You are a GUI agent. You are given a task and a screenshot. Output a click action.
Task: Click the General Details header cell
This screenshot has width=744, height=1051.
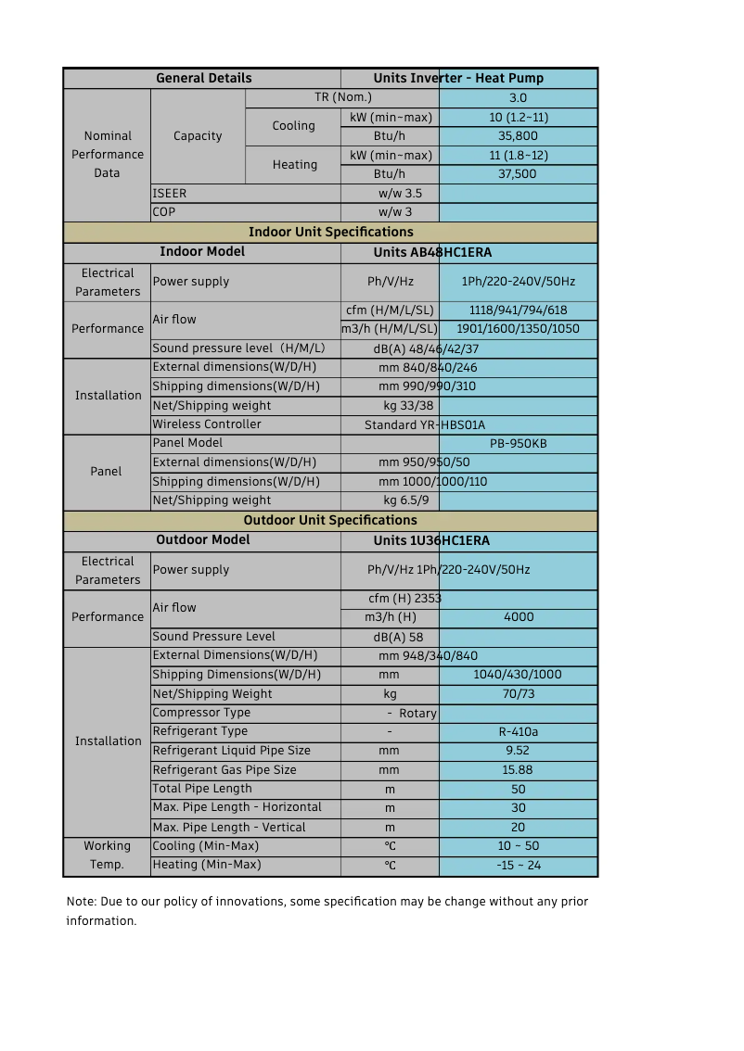203,79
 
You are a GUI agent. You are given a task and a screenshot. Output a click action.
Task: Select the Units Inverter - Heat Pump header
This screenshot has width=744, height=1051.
458,79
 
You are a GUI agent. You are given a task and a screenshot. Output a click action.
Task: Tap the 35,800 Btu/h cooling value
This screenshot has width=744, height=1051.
518,136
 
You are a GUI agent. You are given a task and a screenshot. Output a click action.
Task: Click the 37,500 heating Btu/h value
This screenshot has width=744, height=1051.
518,174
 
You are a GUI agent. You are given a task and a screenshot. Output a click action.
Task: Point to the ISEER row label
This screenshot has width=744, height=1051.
170,194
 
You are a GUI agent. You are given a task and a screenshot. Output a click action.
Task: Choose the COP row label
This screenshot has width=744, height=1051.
164,212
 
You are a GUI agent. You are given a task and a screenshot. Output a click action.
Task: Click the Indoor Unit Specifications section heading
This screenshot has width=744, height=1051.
330,232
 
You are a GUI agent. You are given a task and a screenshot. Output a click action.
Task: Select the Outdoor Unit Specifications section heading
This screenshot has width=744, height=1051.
330,520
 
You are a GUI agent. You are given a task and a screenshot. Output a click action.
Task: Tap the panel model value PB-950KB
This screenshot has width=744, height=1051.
518,444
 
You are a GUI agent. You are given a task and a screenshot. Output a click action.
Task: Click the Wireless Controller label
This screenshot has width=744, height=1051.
207,424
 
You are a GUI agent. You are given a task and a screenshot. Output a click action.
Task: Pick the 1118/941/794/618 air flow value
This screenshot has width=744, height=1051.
518,310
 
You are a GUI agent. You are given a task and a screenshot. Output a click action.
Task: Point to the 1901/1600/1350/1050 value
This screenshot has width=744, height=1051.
518,329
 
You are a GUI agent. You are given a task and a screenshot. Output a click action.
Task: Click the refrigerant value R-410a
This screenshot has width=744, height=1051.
518,732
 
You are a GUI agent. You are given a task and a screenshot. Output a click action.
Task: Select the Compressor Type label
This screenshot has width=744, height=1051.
201,713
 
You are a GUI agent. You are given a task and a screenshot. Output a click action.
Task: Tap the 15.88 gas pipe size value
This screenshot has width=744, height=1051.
518,770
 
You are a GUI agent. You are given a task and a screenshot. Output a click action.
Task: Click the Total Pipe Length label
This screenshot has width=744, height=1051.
202,789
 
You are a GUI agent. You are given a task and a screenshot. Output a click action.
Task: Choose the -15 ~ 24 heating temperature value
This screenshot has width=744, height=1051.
518,866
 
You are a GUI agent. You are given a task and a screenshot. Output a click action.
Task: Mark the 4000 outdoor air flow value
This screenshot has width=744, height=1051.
518,617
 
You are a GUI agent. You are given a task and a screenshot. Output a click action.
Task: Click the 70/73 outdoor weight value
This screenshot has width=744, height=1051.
518,694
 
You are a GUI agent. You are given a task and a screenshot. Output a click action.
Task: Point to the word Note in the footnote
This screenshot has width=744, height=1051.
81,902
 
